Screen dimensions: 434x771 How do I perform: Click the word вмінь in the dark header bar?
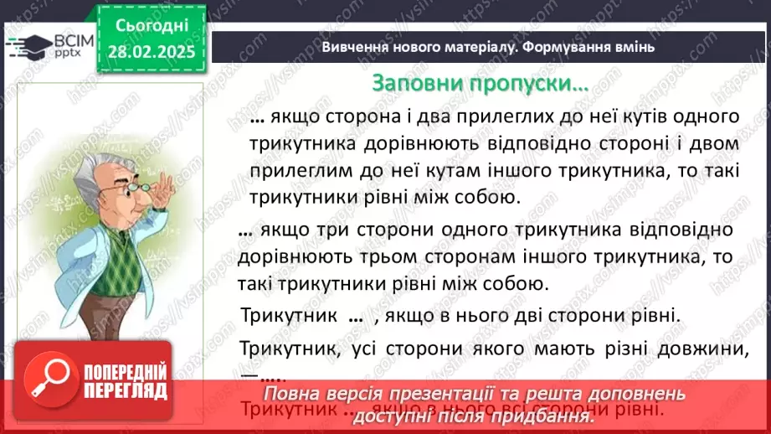click(x=631, y=47)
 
